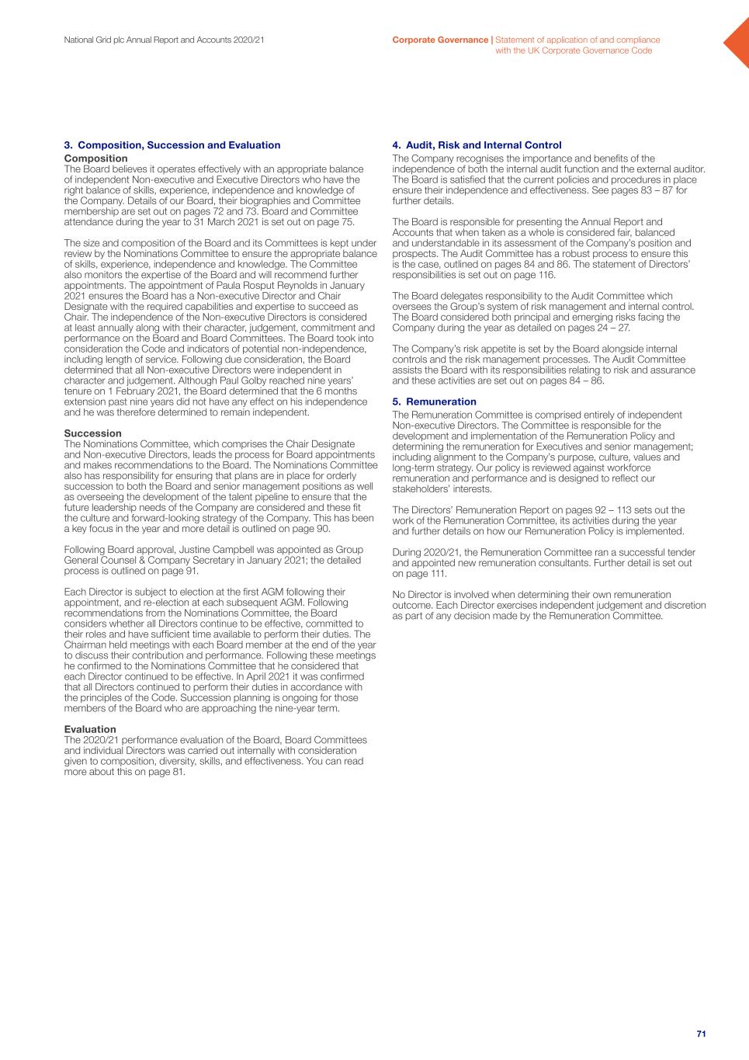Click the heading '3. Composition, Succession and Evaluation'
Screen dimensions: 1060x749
click(x=172, y=145)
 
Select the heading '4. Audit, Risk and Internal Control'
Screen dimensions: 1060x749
click(x=477, y=145)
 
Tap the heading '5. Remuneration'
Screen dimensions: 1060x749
click(x=434, y=401)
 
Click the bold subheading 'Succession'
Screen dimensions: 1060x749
click(x=92, y=433)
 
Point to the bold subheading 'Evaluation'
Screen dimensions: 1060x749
click(x=90, y=729)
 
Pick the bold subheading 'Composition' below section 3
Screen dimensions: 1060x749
click(x=95, y=158)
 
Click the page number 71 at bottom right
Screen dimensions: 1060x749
click(x=701, y=1034)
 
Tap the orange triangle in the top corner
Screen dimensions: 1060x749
click(x=738, y=42)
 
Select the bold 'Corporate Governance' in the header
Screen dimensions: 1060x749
click(x=440, y=40)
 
